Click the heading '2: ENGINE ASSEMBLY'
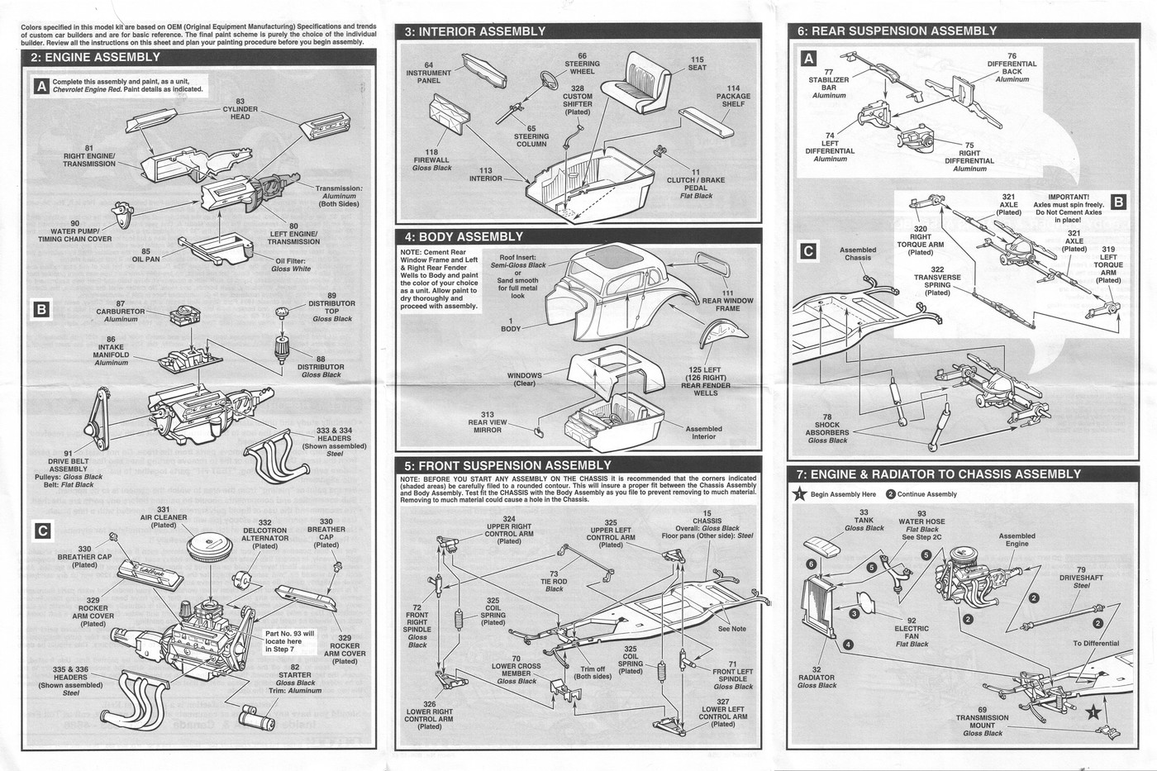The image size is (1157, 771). coord(96,58)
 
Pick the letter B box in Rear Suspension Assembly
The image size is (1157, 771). coord(1118,202)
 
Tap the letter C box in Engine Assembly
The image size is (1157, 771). coord(42,531)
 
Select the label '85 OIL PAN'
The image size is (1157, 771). coord(145,255)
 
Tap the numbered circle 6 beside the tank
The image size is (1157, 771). coord(812,564)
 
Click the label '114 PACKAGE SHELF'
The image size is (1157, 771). coord(733,96)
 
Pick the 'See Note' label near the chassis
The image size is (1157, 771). coord(731,629)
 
